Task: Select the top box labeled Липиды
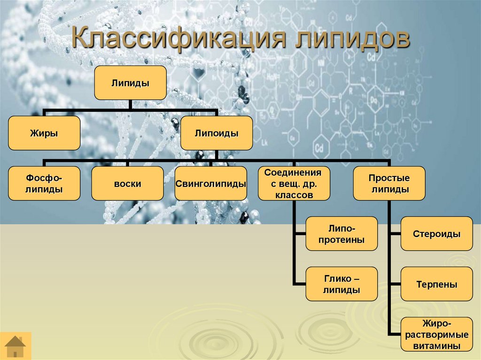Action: pyautogui.click(x=130, y=83)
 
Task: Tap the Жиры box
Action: pyautogui.click(x=44, y=133)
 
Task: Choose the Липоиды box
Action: pyautogui.click(x=217, y=133)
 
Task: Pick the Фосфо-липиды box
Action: pyautogui.click(x=44, y=184)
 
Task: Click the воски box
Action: pyautogui.click(x=127, y=184)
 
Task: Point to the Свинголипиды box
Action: pyautogui.click(x=211, y=184)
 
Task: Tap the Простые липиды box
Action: pyautogui.click(x=389, y=184)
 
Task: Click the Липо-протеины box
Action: pyautogui.click(x=341, y=233)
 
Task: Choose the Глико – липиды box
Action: pyautogui.click(x=341, y=284)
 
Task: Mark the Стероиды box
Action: pyautogui.click(x=436, y=233)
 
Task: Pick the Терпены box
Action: pyautogui.click(x=436, y=284)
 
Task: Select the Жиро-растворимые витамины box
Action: pyautogui.click(x=436, y=334)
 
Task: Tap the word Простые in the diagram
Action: pyautogui.click(x=389, y=178)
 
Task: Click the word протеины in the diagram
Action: pyautogui.click(x=341, y=239)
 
